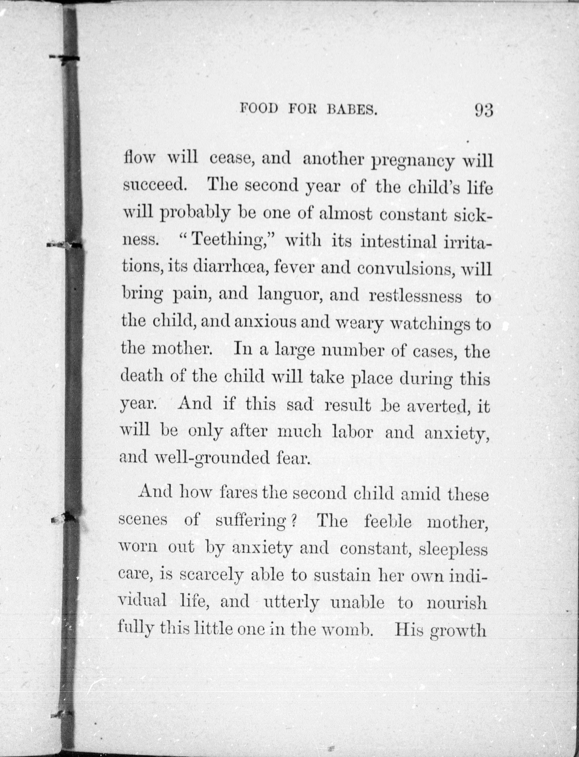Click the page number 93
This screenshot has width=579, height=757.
click(x=484, y=111)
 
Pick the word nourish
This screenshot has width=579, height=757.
click(x=457, y=603)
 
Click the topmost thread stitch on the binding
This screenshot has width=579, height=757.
click(x=65, y=58)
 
